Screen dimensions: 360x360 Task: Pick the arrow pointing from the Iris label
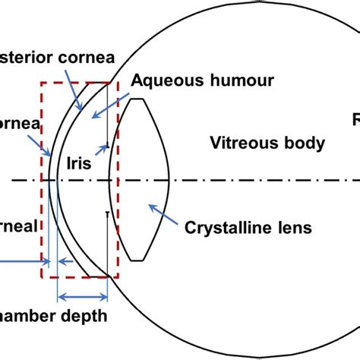pos(103,144)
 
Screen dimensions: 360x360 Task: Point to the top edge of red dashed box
pos(76,83)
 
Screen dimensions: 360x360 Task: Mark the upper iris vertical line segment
pos(108,114)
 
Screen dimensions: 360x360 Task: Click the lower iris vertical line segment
pos(106,243)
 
